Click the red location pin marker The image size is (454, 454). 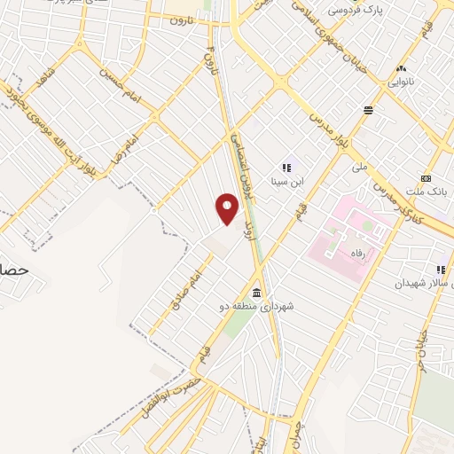[x=228, y=209]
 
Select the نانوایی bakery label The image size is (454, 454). [x=402, y=82]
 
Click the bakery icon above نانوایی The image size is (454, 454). [x=402, y=68]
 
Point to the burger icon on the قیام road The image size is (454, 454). [x=368, y=109]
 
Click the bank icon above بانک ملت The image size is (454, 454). [x=427, y=178]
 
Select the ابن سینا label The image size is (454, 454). [x=286, y=182]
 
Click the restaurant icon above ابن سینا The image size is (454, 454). [x=286, y=167]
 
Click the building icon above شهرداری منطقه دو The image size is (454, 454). [x=257, y=293]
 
